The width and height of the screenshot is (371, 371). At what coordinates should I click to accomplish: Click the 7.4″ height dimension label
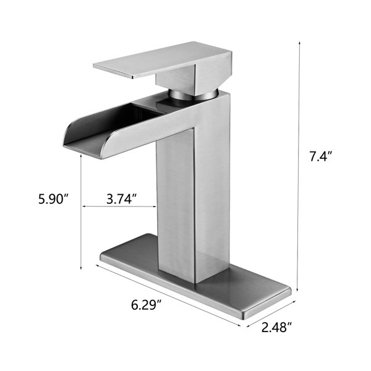[321, 156]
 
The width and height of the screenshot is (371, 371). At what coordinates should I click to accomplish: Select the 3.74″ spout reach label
[122, 198]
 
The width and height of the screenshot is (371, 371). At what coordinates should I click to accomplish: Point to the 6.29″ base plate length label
[147, 305]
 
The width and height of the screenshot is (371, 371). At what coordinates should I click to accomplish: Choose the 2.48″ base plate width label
[276, 328]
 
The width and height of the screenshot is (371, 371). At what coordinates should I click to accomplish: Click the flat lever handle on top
[162, 61]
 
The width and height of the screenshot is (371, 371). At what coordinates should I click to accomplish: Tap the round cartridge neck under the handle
[193, 95]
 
